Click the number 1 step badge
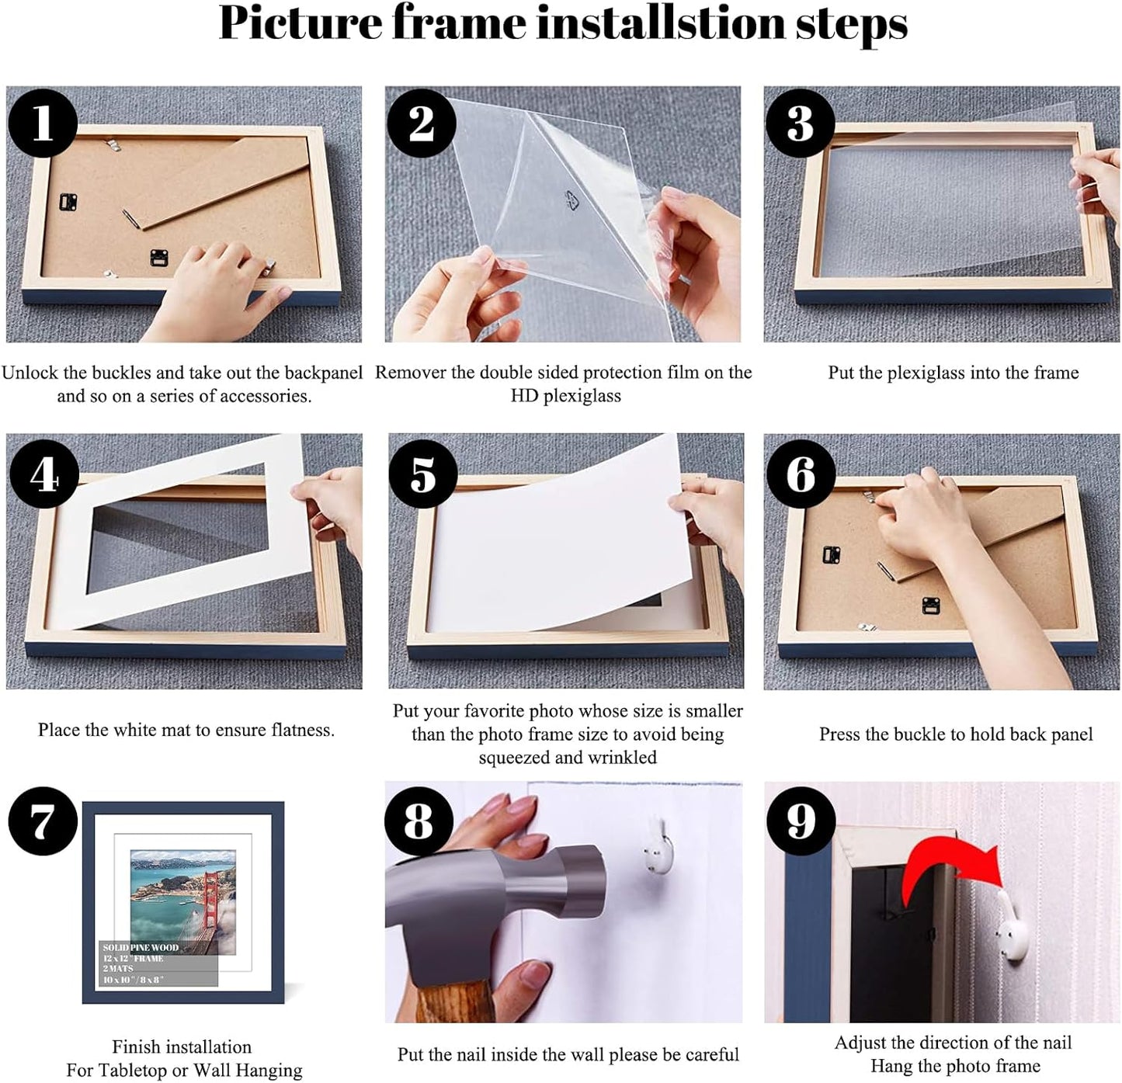(42, 123)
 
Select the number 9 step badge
(801, 821)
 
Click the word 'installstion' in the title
(661, 23)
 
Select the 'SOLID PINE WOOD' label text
(141, 947)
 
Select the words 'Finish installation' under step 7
(182, 1047)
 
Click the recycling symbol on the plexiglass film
(574, 200)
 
